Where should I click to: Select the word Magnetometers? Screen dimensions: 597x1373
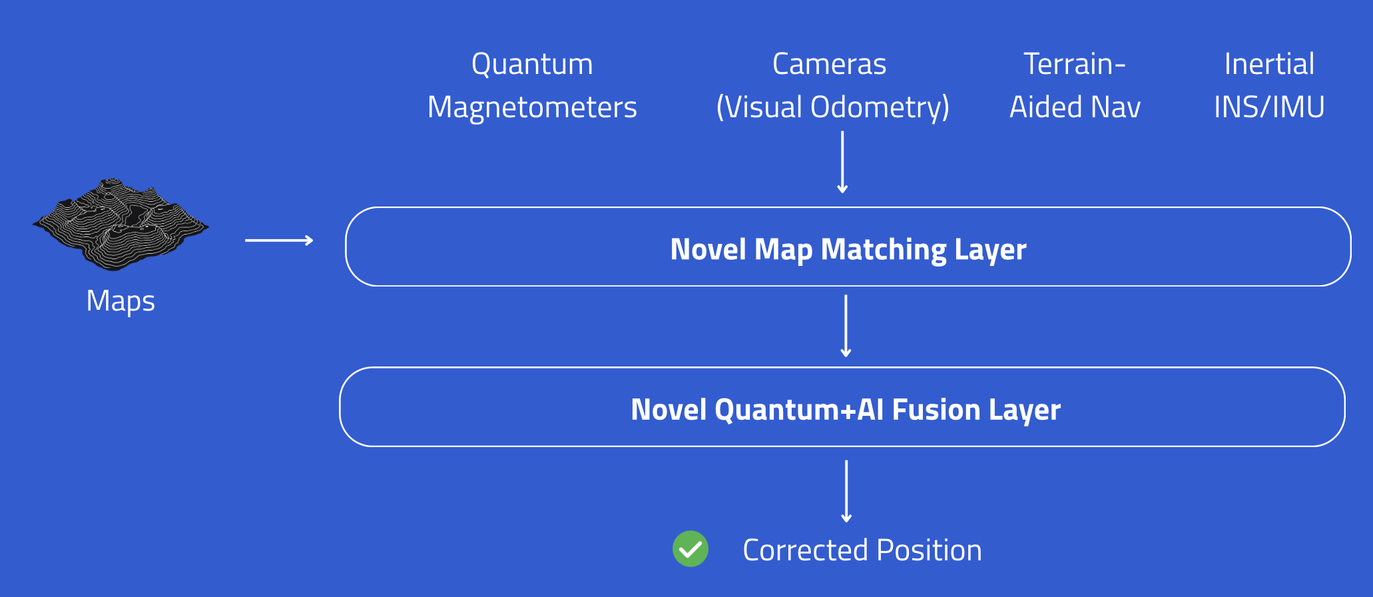[x=532, y=108]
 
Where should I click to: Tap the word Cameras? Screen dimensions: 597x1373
[x=829, y=65]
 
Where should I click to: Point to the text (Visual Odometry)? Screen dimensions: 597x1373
[x=832, y=108]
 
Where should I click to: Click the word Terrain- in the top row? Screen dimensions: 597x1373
[x=1074, y=65]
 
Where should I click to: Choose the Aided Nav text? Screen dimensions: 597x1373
[x=1075, y=108]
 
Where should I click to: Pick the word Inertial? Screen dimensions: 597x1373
[x=1269, y=65]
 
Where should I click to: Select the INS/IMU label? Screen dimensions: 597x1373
[x=1269, y=108]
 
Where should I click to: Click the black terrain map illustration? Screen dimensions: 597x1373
[x=121, y=224]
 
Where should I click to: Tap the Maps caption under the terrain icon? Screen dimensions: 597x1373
[x=121, y=301]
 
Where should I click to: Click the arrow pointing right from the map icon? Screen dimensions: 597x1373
[x=279, y=240]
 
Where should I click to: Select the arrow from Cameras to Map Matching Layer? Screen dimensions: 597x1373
[x=842, y=162]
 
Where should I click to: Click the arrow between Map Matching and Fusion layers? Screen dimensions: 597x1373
[x=846, y=326]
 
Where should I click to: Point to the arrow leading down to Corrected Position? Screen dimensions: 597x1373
[x=846, y=491]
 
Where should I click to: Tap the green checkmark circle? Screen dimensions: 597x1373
[x=690, y=549]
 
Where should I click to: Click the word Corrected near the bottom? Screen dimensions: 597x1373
[x=805, y=551]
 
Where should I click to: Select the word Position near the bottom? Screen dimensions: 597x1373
[x=929, y=551]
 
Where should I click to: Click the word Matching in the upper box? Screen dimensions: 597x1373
[x=884, y=251]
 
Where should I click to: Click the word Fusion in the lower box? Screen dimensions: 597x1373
[x=936, y=410]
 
